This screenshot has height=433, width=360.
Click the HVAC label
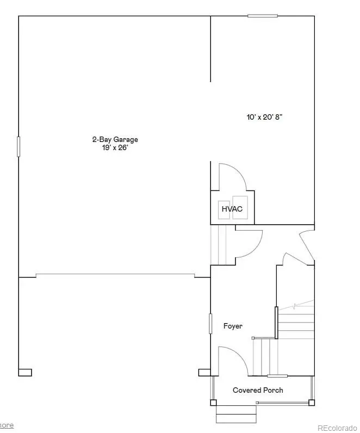pos(231,209)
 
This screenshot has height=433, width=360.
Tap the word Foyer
pos(233,326)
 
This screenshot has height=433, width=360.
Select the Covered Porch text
pos(258,390)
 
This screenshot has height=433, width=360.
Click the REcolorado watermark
pos(337,427)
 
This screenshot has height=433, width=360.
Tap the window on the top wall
pos(259,16)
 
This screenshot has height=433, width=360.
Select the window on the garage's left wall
pos(18,146)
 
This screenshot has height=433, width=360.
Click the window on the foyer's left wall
pos(210,323)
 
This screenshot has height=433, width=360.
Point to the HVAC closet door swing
pos(234,177)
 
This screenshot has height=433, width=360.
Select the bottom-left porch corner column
pos(213,403)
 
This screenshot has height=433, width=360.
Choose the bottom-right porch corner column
pos(312,403)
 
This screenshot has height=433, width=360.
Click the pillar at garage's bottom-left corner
pos(25,373)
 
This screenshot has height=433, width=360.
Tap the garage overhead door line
pos(114,275)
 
